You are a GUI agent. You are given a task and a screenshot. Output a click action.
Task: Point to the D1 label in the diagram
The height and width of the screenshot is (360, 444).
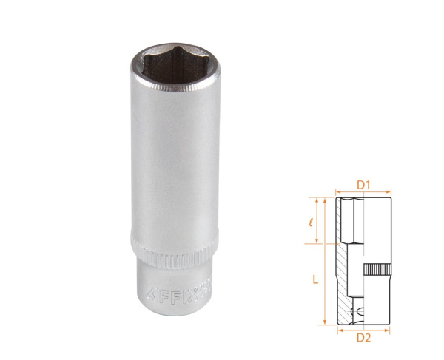coord(363,183)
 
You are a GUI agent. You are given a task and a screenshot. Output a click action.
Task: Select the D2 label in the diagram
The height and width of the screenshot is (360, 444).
coord(363,337)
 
